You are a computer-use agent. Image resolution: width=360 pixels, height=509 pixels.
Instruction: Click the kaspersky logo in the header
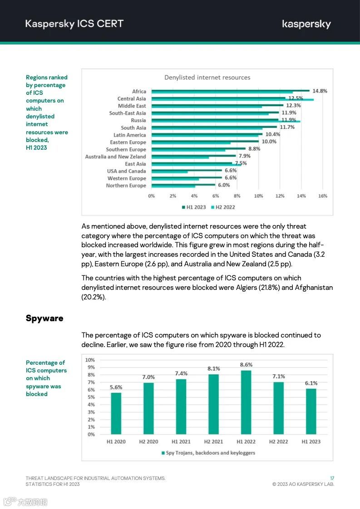(306, 24)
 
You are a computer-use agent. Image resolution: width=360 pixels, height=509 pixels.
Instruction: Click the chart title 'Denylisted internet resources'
(207, 78)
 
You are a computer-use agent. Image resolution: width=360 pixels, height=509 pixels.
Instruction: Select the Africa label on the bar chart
(139, 92)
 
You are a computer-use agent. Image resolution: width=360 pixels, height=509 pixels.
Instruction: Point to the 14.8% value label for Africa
(320, 91)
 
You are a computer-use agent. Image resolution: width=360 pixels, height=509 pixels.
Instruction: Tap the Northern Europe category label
(126, 186)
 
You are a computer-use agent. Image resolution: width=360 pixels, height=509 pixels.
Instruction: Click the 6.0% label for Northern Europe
(224, 185)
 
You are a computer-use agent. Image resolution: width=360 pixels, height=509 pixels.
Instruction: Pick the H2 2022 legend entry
(223, 207)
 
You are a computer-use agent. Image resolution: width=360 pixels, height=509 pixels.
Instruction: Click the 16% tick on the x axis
(322, 196)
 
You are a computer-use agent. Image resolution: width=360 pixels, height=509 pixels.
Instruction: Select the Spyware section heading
(44, 318)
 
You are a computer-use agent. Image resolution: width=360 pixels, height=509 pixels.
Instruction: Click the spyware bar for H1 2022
(246, 402)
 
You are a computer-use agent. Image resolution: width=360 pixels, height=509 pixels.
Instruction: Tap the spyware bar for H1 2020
(116, 413)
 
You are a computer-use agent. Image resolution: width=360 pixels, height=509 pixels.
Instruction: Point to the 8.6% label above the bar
(246, 365)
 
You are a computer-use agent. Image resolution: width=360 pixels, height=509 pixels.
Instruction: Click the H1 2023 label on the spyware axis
(311, 441)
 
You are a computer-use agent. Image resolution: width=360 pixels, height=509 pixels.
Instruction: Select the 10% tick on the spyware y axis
(90, 360)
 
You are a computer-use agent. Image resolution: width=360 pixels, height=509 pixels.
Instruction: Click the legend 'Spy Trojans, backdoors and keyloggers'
(208, 453)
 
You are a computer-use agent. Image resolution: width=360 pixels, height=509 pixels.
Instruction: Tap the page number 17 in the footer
(332, 478)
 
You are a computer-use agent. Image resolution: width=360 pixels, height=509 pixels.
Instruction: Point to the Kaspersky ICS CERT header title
(74, 24)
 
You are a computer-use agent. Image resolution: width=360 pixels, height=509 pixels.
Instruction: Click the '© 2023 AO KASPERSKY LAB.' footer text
(303, 485)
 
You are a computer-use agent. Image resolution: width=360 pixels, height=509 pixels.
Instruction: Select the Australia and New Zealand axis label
(115, 157)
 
